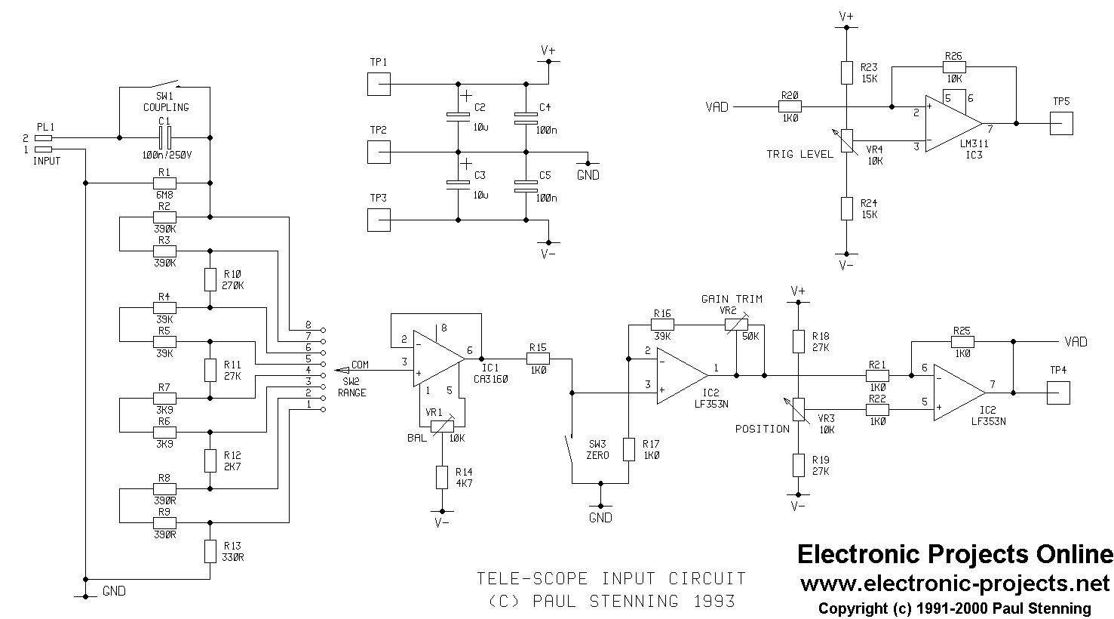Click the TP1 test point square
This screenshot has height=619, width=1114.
(x=379, y=84)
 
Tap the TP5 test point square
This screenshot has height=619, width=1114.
(x=1061, y=123)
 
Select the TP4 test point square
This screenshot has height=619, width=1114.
(x=1059, y=393)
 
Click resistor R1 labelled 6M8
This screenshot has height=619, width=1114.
(x=164, y=183)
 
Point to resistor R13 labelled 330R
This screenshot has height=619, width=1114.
(x=210, y=551)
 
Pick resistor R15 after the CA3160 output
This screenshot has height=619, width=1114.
(x=539, y=360)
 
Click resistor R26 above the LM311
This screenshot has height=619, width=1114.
(x=953, y=66)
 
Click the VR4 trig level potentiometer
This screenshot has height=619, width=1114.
(x=846, y=141)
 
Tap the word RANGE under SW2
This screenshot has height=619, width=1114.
(x=351, y=393)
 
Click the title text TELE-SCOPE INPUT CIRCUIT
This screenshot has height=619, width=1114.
(x=611, y=579)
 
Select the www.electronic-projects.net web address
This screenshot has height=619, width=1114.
(x=954, y=584)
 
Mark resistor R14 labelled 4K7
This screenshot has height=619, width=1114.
(x=442, y=477)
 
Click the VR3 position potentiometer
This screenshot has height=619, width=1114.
(x=798, y=411)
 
